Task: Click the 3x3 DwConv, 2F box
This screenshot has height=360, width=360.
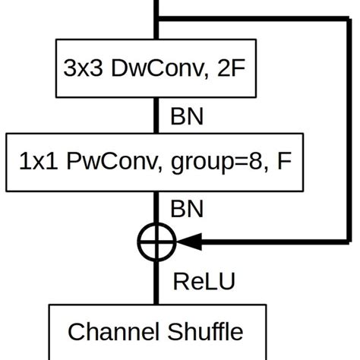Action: [x=156, y=70]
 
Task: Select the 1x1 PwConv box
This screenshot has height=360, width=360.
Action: [x=156, y=161]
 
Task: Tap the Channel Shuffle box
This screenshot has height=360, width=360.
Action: [x=156, y=331]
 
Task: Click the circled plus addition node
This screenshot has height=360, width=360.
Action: [x=156, y=242]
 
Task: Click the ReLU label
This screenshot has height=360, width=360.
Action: [x=204, y=282]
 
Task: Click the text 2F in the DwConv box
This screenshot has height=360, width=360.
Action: [x=235, y=70]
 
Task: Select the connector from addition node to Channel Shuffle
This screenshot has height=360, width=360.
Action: [x=156, y=281]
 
